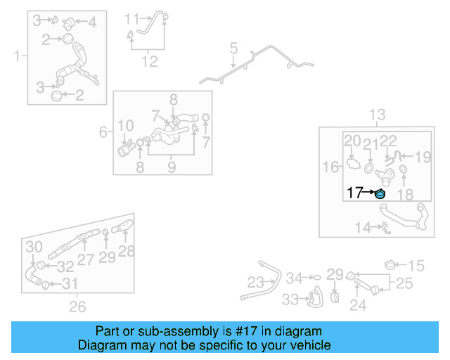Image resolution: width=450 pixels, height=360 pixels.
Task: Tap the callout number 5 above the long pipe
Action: pos(233,49)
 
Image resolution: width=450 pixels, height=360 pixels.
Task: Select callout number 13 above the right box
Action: pos(378,115)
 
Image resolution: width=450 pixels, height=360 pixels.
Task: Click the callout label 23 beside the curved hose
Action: pos(255,283)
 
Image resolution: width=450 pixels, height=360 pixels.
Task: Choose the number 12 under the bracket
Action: pos(149,62)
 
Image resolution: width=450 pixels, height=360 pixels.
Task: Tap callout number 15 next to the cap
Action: pos(417,265)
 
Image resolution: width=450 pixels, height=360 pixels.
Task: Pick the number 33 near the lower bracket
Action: pos(290,300)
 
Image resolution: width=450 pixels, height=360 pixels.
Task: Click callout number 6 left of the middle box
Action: pos(103,131)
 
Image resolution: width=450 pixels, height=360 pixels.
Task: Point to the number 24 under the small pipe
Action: pos(359,305)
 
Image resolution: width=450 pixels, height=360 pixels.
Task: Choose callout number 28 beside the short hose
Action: pos(127,251)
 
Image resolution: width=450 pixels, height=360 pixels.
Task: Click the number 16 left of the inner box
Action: pos(330,167)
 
